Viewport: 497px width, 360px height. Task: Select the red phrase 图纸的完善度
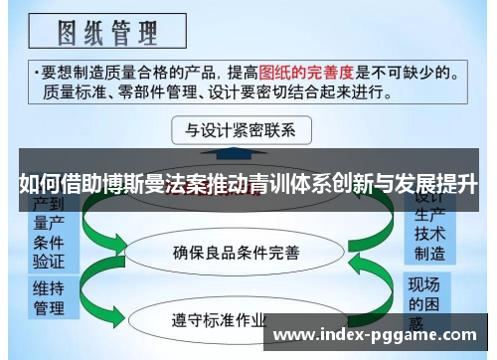(x=307, y=72)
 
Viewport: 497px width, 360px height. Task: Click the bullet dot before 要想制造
(x=35, y=73)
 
